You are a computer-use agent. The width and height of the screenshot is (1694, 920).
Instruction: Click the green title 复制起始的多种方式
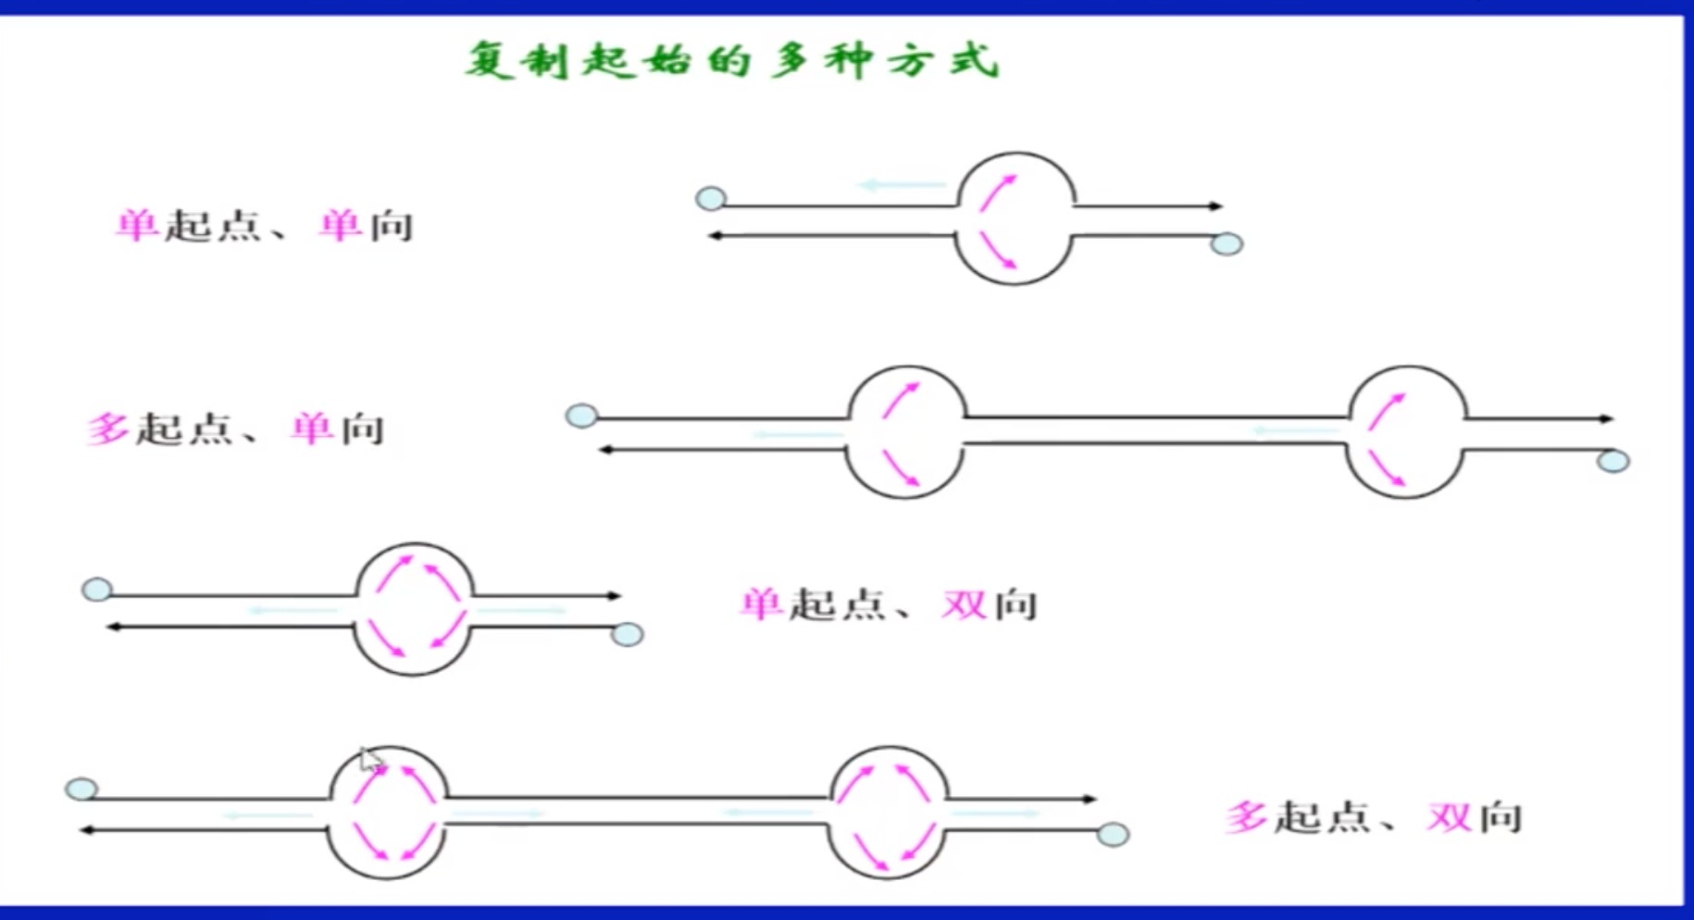731,61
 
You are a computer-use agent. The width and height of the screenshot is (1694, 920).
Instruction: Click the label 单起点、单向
265,226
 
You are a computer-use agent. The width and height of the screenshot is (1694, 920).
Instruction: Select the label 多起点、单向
236,429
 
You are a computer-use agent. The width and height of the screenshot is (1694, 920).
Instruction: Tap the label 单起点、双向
889,605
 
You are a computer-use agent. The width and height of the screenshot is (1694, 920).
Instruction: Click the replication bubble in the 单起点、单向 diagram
1015,219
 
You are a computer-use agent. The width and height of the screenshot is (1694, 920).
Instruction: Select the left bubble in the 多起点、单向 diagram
906,432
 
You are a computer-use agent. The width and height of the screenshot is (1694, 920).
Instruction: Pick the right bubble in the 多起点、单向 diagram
1406,432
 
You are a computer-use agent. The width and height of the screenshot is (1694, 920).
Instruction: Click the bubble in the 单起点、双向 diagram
414,609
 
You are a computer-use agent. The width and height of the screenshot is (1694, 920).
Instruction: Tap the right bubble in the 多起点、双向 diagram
889,813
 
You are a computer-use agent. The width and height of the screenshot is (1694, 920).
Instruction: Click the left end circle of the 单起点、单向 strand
711,198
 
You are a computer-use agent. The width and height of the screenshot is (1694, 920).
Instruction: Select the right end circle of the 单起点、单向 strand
1227,244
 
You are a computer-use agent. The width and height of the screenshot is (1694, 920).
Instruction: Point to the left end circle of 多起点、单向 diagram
581,416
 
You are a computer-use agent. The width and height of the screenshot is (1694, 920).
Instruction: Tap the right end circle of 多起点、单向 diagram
1613,461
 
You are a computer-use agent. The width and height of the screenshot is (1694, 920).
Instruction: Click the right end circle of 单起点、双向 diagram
628,635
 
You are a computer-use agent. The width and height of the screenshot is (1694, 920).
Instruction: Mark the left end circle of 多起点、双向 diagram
81,789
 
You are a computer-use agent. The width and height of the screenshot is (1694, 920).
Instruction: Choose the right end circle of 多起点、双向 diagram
1113,835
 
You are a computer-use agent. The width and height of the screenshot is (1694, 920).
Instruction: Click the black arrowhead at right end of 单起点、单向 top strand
1216,205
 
